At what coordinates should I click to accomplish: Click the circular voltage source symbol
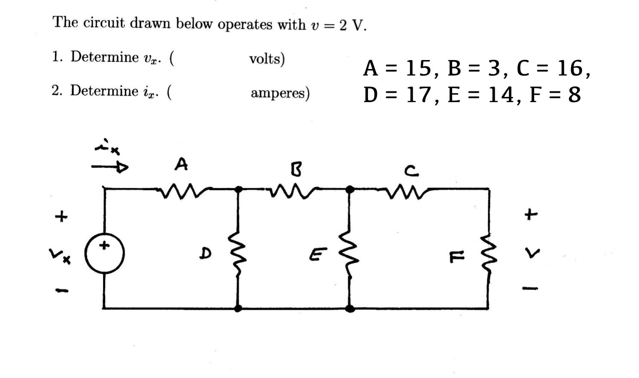[104, 254]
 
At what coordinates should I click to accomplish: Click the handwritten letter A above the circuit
[182, 164]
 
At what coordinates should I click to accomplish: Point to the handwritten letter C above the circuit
[411, 172]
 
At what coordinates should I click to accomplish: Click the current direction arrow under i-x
[110, 167]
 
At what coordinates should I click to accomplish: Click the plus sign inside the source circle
[104, 246]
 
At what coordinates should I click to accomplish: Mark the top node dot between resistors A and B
[238, 188]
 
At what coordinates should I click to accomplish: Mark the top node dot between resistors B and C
[350, 188]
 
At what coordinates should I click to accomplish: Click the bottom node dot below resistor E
[350, 308]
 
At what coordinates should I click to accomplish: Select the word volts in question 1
[267, 59]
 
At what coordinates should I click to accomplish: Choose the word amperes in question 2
[280, 93]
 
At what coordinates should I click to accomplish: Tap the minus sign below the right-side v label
[530, 288]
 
